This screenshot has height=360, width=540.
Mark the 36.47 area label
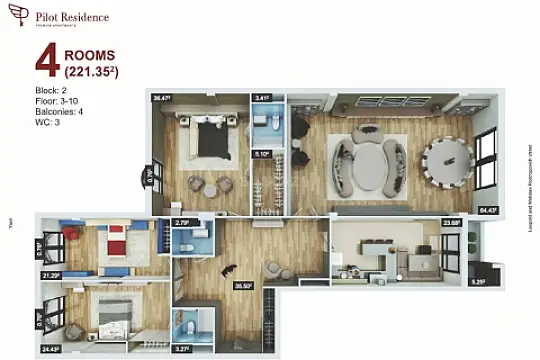[162, 98]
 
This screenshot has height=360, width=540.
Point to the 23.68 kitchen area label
[450, 223]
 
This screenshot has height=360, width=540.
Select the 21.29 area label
[50, 274]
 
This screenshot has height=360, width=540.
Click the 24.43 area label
[50, 349]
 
